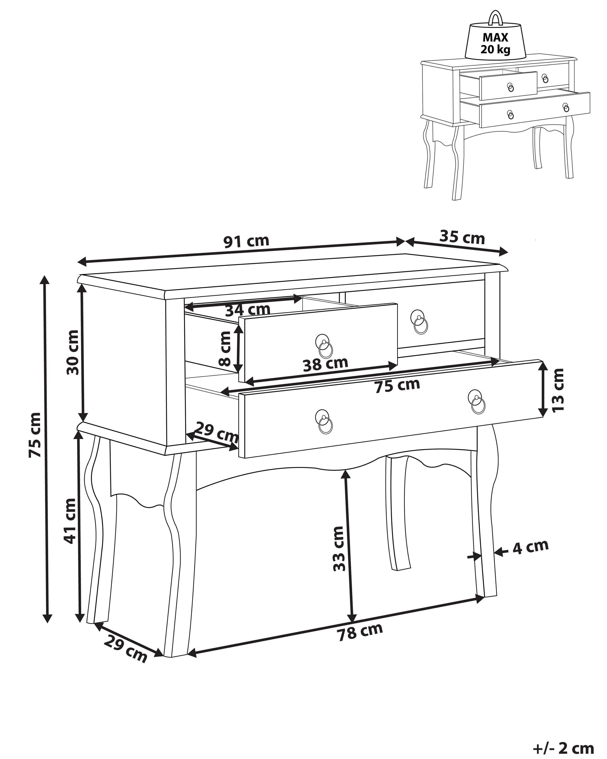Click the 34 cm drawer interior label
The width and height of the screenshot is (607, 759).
247,310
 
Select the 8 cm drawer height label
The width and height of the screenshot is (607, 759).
224,348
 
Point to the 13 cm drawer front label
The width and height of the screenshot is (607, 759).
558,389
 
